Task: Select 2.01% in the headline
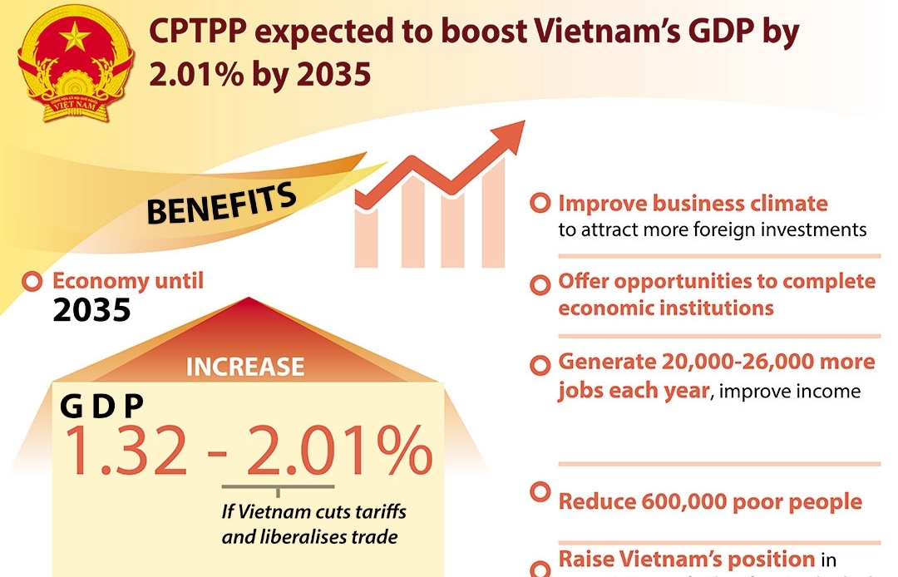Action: click(x=188, y=75)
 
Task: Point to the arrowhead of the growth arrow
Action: click(x=509, y=134)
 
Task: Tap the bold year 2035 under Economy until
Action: click(x=91, y=310)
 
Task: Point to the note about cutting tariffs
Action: click(x=313, y=524)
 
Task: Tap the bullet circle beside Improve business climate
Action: click(x=540, y=204)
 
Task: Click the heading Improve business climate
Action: click(x=693, y=204)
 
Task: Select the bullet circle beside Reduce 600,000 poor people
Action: click(x=540, y=492)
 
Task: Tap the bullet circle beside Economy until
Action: click(x=33, y=282)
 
